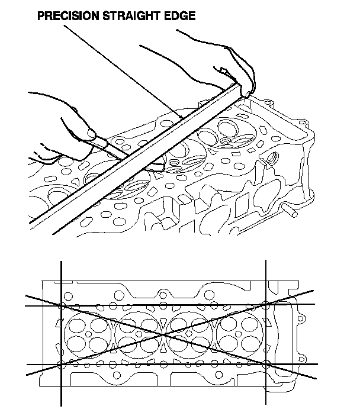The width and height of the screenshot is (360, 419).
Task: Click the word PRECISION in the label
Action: tap(68, 16)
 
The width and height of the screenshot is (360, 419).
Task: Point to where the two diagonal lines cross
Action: tap(162, 334)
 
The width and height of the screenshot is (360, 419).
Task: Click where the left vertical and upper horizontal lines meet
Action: tap(61, 305)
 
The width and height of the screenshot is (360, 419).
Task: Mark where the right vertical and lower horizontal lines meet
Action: tap(266, 364)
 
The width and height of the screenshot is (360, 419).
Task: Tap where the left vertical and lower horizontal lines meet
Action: tap(61, 364)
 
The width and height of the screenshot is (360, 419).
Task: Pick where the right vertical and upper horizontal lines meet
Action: tap(266, 304)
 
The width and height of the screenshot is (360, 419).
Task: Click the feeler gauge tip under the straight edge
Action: tap(155, 167)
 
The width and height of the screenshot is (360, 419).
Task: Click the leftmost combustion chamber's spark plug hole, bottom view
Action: tap(88, 334)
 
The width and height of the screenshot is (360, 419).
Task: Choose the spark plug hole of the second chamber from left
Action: tap(139, 334)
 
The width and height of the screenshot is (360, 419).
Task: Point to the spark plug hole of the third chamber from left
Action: tap(189, 333)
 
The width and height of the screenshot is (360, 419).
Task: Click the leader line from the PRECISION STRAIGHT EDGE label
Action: tap(124, 72)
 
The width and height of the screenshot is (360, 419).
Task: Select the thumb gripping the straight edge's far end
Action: tap(247, 91)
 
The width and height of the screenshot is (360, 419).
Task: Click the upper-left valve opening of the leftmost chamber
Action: tap(77, 326)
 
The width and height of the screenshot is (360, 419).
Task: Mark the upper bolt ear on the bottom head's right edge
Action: tap(300, 318)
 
